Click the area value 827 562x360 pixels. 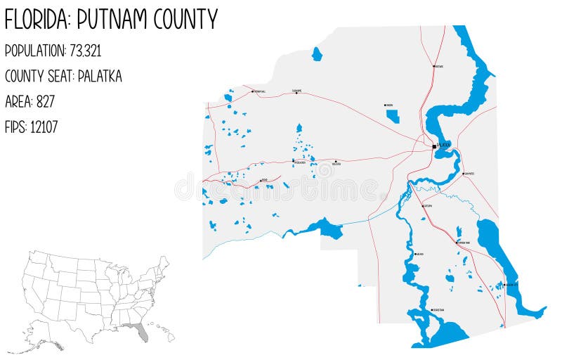coord(46,101)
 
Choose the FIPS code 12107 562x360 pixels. coord(44,127)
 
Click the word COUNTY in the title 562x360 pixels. coord(186,19)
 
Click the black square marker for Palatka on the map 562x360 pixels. coord(434,146)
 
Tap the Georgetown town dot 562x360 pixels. coord(431,310)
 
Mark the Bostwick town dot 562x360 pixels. coord(434,66)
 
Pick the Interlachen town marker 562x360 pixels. coord(293,161)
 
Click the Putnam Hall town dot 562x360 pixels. coord(253,91)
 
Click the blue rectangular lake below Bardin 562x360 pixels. coord(393,116)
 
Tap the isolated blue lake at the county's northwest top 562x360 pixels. coord(317,54)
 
